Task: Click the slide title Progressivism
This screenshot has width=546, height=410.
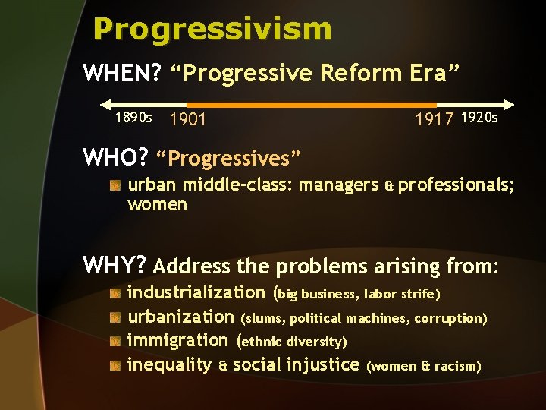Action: click(x=212, y=30)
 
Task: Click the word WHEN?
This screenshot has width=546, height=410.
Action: click(x=121, y=74)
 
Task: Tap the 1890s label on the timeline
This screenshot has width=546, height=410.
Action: click(x=133, y=118)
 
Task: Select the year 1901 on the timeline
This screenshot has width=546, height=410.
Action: click(x=188, y=119)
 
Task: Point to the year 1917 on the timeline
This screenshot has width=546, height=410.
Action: click(x=435, y=119)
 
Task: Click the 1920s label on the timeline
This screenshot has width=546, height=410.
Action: click(x=479, y=118)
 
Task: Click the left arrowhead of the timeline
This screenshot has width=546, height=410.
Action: click(x=105, y=104)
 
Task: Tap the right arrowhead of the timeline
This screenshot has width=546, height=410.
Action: click(x=510, y=104)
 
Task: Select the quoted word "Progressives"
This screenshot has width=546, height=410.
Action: click(x=228, y=159)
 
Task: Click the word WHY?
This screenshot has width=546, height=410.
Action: click(x=114, y=265)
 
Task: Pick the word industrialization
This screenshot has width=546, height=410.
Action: click(x=196, y=292)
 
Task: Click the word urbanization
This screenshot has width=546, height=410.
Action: click(x=180, y=317)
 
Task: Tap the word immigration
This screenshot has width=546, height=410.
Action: click(x=177, y=341)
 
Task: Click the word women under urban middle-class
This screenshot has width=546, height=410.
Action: click(x=157, y=205)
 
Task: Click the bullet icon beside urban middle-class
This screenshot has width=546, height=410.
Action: click(x=115, y=185)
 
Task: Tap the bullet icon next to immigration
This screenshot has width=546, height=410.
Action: click(x=115, y=341)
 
